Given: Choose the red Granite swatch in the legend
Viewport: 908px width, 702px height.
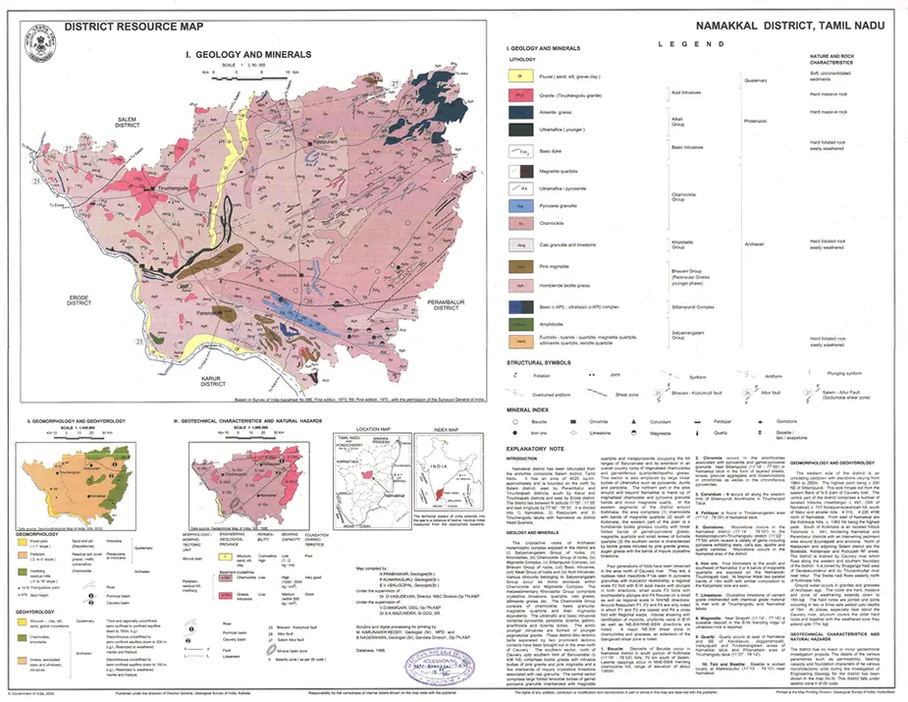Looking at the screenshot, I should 519,96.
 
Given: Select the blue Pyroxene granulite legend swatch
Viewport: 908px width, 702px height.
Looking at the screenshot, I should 519,206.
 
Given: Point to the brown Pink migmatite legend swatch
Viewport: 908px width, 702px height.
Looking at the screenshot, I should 519,265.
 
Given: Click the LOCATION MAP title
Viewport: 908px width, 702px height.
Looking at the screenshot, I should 373,429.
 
